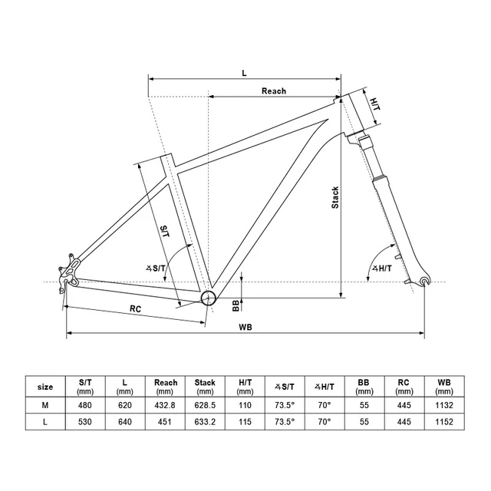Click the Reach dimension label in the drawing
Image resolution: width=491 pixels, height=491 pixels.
tap(274, 91)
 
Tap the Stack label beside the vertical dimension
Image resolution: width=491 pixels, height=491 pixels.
tap(335, 197)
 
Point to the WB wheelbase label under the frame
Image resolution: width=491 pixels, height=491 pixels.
tap(245, 328)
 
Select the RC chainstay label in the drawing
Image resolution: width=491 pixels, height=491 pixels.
tap(135, 308)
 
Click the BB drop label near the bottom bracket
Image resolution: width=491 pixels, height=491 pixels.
tap(236, 305)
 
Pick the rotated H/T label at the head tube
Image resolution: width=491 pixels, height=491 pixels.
tap(375, 104)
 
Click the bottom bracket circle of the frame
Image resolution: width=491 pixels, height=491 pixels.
tap(208, 298)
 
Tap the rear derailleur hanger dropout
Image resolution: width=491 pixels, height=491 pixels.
tap(68, 273)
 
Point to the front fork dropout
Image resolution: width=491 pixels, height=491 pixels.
tap(424, 281)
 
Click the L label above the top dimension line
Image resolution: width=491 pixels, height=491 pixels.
tap(244, 74)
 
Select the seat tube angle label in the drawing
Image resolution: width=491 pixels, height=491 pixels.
tap(155, 269)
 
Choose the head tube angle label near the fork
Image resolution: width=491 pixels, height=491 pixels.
tap(381, 269)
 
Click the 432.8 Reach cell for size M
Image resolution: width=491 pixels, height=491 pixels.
tap(165, 405)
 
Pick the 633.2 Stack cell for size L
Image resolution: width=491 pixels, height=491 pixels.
tap(205, 422)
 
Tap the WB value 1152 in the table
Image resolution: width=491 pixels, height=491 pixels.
tap(444, 422)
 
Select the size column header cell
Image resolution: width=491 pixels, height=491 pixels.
tap(45, 387)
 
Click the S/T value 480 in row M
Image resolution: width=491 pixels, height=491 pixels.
tap(84, 405)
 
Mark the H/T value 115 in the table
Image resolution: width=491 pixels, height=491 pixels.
tap(245, 422)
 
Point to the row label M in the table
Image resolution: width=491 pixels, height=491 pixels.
tap(45, 405)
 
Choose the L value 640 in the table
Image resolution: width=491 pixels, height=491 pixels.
tap(124, 422)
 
